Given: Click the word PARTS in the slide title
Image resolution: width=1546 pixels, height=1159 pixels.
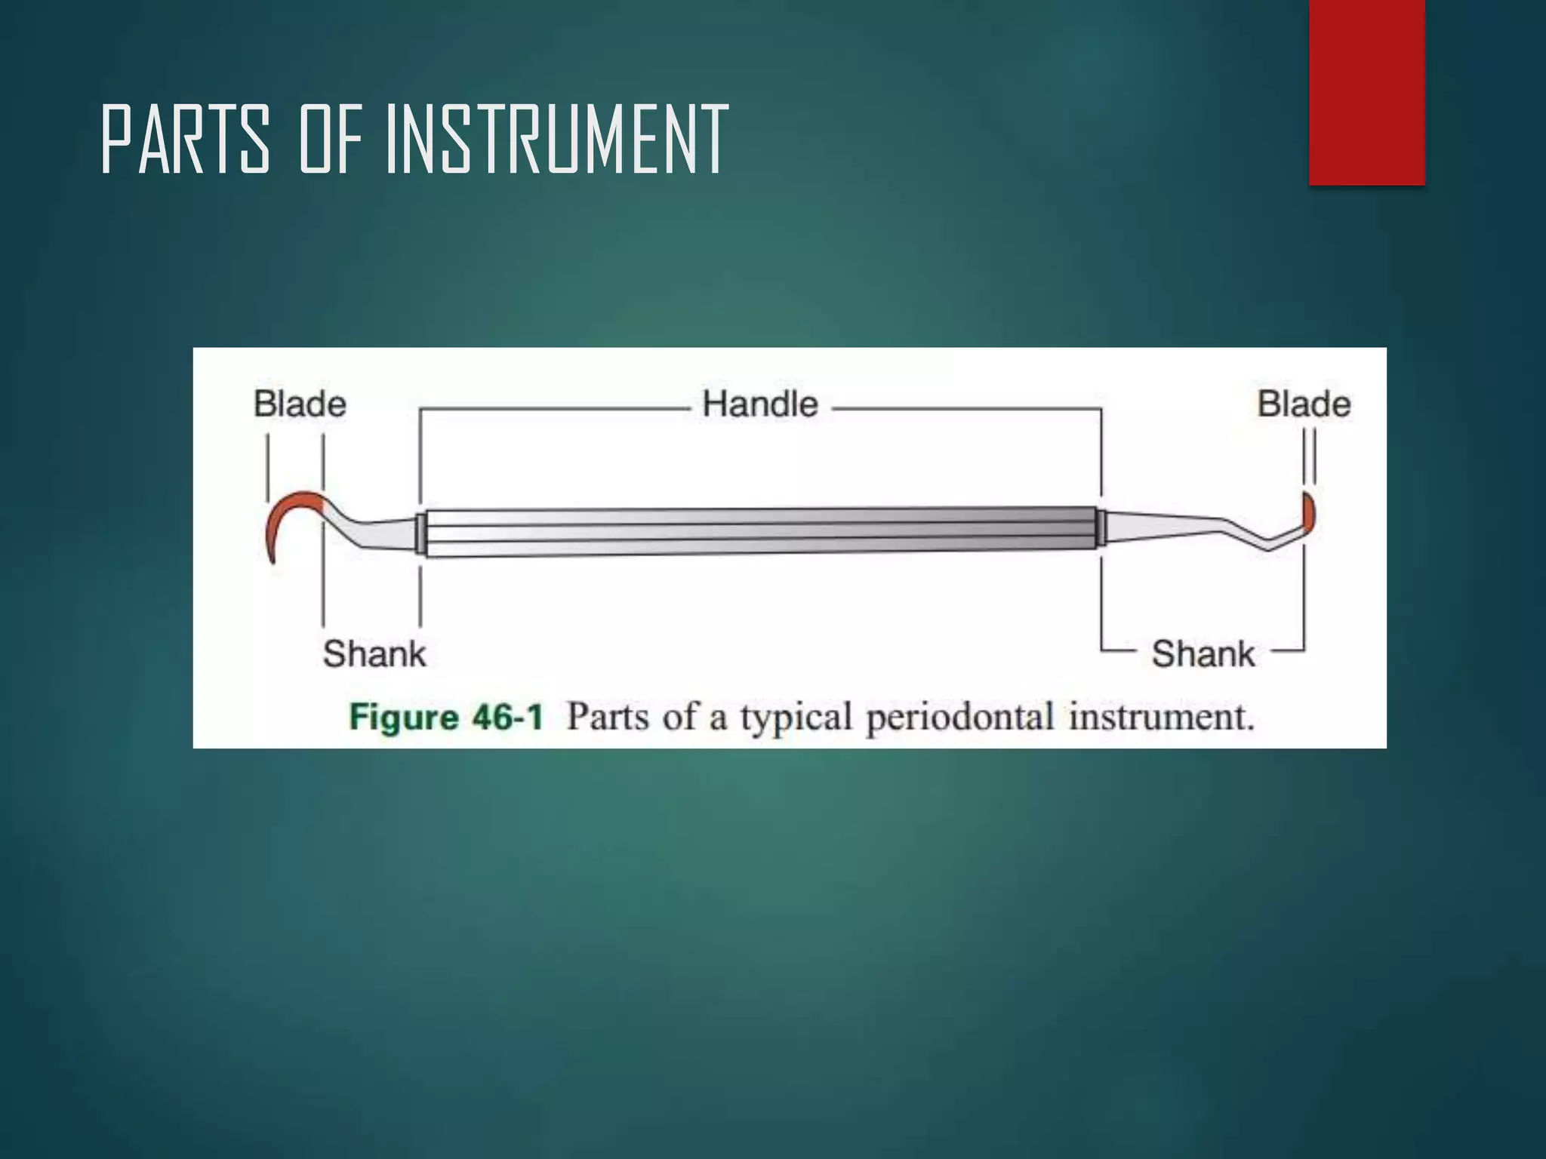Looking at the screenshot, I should click(x=186, y=140).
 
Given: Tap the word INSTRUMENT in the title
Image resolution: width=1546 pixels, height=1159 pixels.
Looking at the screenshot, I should click(x=557, y=140).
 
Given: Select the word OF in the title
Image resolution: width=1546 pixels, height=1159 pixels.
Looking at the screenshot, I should click(x=331, y=140).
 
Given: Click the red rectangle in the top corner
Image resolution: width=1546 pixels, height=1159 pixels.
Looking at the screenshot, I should click(x=1366, y=92).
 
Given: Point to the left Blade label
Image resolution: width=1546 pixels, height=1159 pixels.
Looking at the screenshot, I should click(x=300, y=404).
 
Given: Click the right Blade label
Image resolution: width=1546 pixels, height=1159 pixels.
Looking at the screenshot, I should click(x=1304, y=404).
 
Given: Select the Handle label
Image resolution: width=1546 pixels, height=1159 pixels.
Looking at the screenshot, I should click(x=760, y=404).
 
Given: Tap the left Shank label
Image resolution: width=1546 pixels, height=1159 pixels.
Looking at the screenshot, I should click(x=374, y=653).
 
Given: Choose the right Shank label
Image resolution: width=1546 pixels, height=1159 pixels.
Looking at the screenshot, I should click(x=1203, y=653).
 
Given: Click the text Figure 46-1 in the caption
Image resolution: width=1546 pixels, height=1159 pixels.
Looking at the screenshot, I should click(x=446, y=717).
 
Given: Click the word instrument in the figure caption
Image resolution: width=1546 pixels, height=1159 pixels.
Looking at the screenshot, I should click(x=1160, y=717).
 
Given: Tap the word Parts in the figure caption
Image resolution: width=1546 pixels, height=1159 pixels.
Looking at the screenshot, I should click(x=608, y=717).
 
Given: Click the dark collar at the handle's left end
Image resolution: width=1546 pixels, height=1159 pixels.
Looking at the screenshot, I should click(x=420, y=533).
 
